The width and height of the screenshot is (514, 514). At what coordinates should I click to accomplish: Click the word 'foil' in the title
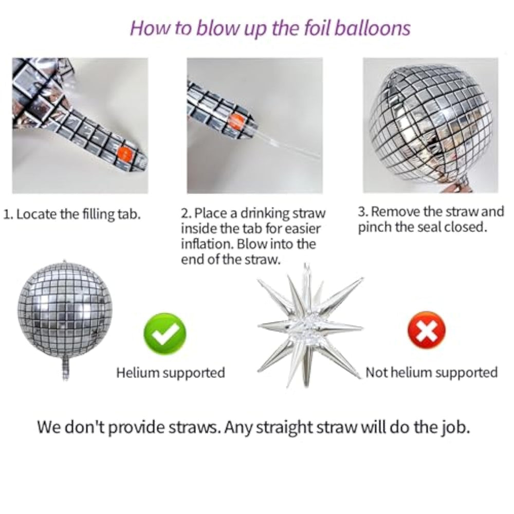pos(317,28)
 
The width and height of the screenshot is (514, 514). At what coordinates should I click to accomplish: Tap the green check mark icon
pos(165,334)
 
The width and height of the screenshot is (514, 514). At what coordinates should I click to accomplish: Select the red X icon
pos(427,330)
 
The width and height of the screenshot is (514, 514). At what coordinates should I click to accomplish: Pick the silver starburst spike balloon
pos(310,326)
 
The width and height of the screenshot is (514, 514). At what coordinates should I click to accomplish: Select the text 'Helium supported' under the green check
pos(171,373)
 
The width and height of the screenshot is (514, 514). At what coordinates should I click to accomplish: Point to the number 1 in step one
pos(7,214)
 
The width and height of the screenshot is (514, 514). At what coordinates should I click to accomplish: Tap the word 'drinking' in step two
pos(265,213)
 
